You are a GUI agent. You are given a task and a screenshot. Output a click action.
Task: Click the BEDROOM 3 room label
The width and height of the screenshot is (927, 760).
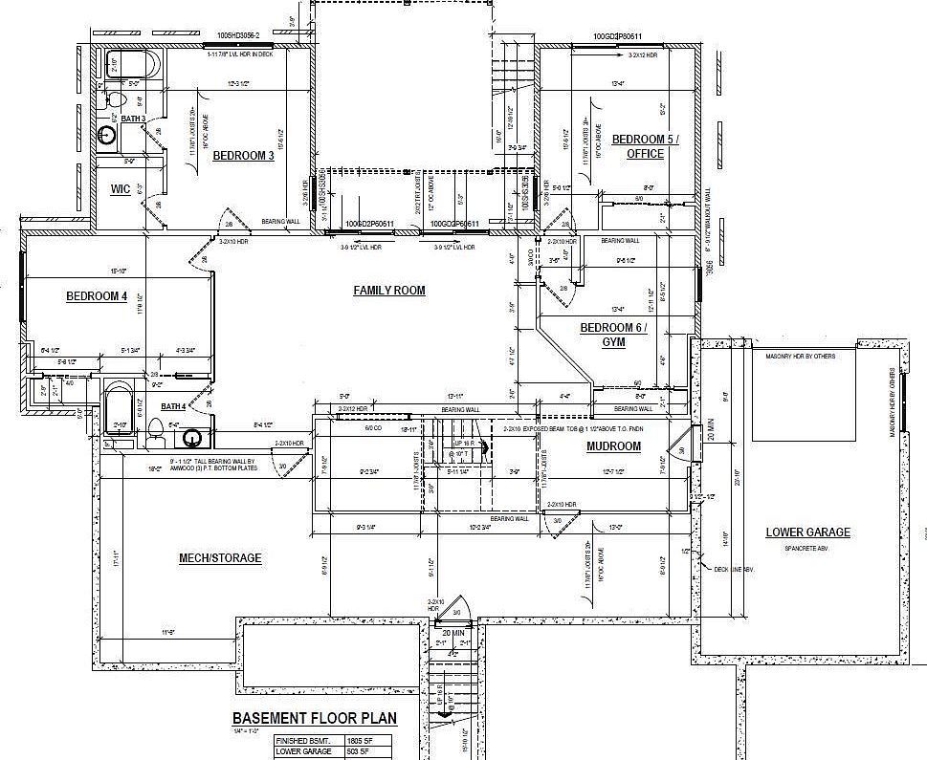pos(243,156)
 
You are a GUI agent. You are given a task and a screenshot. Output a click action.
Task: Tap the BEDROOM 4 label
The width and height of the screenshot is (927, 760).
pos(97,296)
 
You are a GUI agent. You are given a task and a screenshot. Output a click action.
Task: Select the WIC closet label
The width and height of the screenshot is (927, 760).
pos(120,189)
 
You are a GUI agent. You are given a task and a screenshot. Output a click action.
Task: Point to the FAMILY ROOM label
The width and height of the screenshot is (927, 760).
pos(389,291)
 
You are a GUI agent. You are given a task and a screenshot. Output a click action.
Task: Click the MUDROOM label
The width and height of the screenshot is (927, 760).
pos(613,446)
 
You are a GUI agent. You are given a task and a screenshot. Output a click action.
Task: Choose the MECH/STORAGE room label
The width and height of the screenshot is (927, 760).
pos(220,558)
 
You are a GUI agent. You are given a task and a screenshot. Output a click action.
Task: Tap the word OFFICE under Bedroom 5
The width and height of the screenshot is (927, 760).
pos(646,154)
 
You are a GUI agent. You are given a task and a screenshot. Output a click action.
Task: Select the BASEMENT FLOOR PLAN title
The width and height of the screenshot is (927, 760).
pos(315,719)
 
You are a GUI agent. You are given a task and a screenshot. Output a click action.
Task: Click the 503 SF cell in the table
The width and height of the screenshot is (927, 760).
pos(358,752)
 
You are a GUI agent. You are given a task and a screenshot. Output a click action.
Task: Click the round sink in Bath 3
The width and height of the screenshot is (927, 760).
pos(108,135)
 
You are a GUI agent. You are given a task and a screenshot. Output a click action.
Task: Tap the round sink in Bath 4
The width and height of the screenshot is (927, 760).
pos(192,438)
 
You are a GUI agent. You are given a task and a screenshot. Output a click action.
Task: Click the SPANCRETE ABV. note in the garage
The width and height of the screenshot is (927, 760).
pos(807,548)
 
